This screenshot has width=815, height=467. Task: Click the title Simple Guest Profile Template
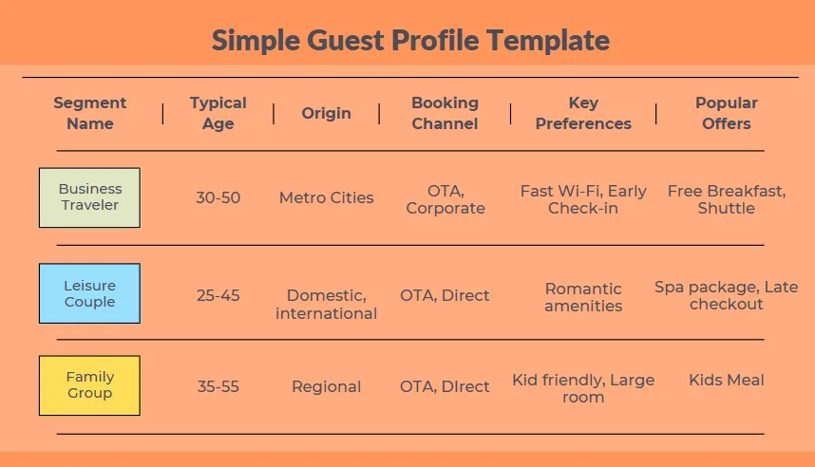[x=410, y=41]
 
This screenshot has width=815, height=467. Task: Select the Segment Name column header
[x=90, y=113]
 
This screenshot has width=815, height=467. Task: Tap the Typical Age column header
[x=218, y=113]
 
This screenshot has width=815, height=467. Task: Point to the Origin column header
[x=327, y=113]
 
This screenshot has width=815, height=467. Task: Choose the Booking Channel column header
[x=445, y=113]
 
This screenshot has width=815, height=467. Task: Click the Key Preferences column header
[x=583, y=113]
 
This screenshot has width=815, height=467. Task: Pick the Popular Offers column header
[x=726, y=113]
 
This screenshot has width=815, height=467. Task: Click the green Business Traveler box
[x=89, y=197]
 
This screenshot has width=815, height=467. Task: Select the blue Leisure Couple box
[x=89, y=293]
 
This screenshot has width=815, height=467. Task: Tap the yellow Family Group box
[x=89, y=385]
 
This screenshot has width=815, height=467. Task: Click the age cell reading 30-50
[x=218, y=198]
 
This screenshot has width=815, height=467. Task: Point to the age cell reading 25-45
[x=218, y=295]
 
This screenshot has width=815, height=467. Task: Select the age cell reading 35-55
[x=218, y=386]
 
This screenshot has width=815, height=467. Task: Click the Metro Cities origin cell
[x=327, y=198]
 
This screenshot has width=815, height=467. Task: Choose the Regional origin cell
[x=327, y=387]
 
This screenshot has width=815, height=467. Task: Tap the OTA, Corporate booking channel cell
[x=445, y=199]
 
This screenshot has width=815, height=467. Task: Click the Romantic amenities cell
[x=583, y=297]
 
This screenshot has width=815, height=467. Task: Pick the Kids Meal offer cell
[x=726, y=381]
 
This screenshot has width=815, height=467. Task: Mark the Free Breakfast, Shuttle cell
[x=726, y=199]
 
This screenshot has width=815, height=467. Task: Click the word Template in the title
[x=548, y=41]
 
